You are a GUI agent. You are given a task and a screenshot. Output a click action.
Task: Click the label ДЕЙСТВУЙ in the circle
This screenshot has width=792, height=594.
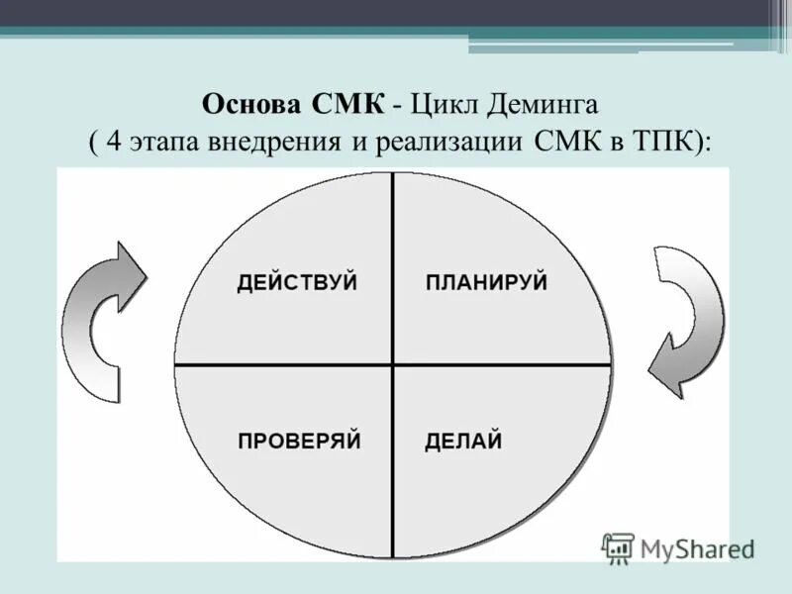coord(297,282)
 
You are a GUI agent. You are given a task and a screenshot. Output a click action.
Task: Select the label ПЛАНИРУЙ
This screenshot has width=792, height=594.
coord(486,282)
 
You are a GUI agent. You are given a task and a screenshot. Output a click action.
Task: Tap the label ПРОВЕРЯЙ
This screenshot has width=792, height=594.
coord(299,441)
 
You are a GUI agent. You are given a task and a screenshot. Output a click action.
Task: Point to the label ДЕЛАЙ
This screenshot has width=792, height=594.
coord(463,441)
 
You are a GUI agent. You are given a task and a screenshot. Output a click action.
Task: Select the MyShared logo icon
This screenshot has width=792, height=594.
coord(618,546)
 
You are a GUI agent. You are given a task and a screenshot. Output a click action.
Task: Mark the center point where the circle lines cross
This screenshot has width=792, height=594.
coord(393,364)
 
